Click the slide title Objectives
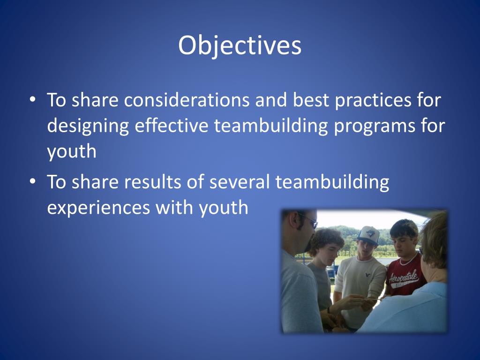pyautogui.click(x=240, y=46)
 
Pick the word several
pyautogui.click(x=238, y=182)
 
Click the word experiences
pyautogui.click(x=97, y=208)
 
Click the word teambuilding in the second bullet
pyautogui.click(x=332, y=182)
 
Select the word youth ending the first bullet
pyautogui.click(x=71, y=152)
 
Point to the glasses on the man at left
pyautogui.click(x=308, y=220)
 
